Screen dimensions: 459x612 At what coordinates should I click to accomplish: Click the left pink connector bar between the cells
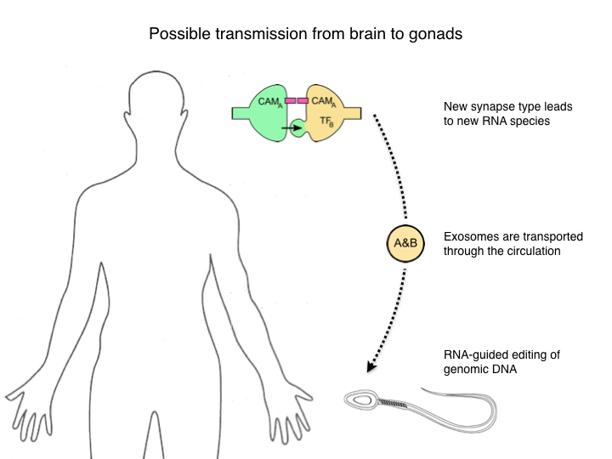tap(290, 100)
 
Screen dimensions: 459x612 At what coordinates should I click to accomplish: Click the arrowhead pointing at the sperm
tap(371, 368)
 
